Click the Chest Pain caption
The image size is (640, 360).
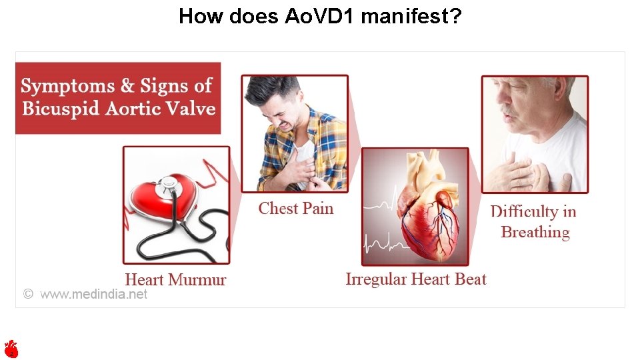[295, 209]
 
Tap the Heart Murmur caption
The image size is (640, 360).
[175, 280]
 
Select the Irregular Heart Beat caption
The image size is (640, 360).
[416, 279]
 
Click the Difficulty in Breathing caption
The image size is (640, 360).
[534, 222]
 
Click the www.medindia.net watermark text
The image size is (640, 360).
[93, 294]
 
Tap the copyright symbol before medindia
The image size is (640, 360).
[28, 294]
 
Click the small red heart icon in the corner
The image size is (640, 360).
[11, 348]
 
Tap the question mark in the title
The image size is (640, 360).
[454, 16]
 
